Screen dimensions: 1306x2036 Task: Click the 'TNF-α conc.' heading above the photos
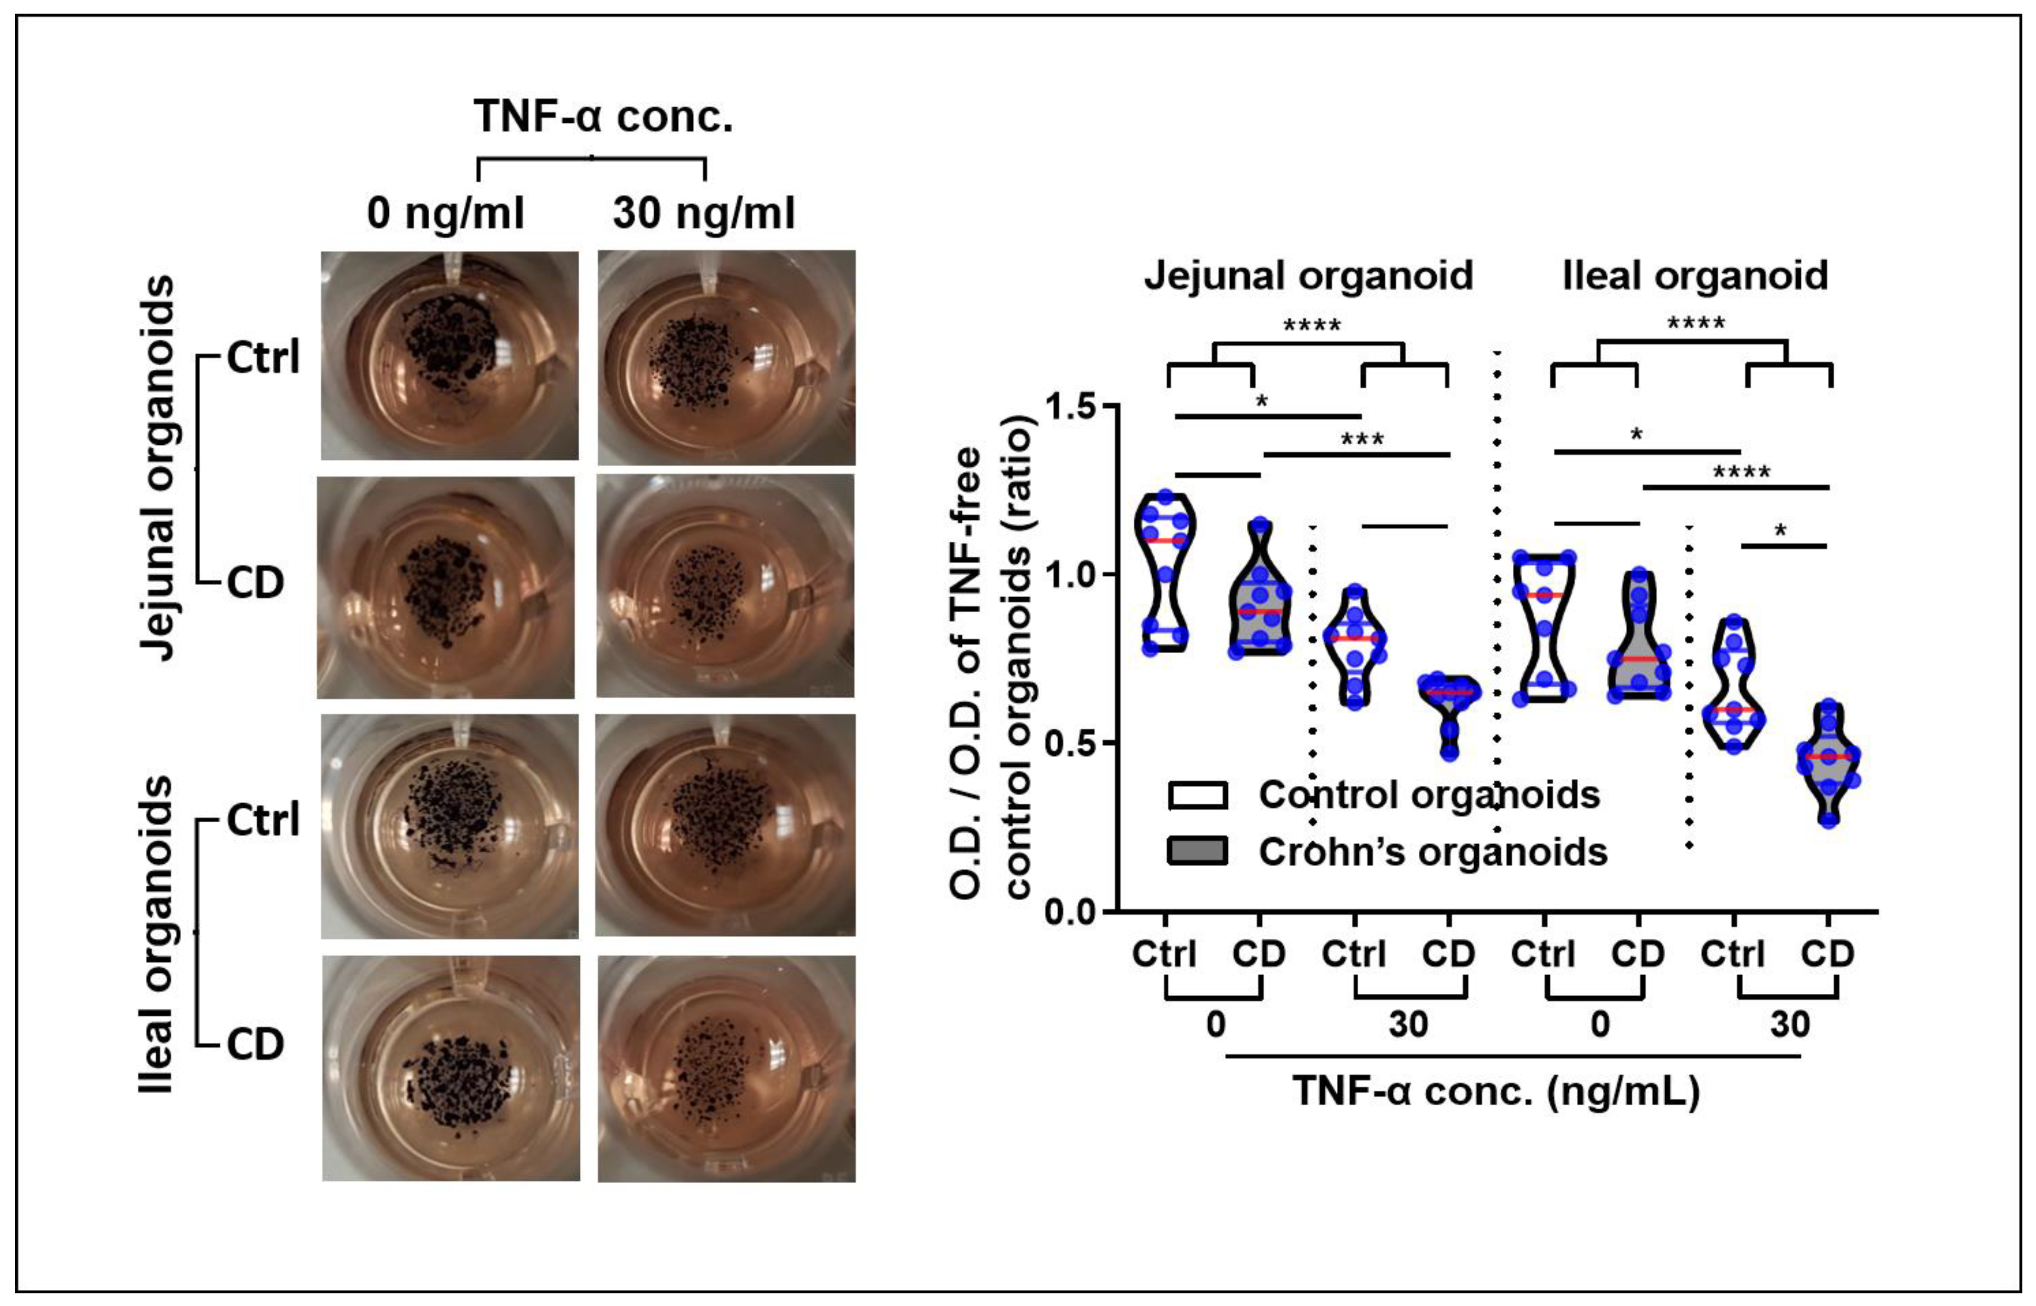coord(603,116)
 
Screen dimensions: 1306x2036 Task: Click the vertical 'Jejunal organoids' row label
coord(158,467)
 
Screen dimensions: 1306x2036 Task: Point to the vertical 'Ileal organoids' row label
coord(158,933)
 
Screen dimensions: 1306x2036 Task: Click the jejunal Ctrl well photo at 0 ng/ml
coord(449,356)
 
